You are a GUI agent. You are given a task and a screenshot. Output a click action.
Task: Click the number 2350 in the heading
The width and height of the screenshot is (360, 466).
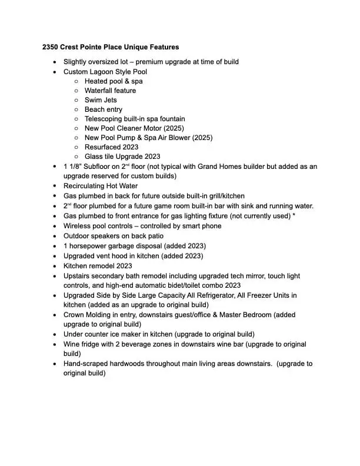(x=51, y=46)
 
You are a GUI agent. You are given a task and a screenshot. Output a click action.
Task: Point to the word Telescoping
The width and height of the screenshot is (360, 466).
(x=105, y=119)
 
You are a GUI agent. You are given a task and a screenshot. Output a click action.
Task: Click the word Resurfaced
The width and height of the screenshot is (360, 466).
(x=102, y=147)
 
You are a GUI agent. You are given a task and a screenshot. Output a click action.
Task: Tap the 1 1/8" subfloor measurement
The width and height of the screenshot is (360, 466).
(x=73, y=167)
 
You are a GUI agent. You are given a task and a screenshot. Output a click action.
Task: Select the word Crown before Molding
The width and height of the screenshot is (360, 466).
(x=74, y=315)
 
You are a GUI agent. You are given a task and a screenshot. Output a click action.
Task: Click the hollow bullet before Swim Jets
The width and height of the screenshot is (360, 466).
(x=77, y=101)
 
